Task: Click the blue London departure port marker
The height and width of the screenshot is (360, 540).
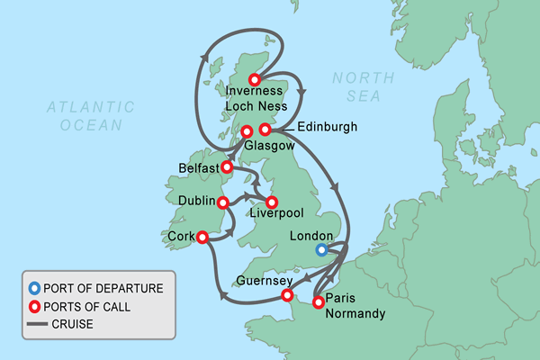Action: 321,250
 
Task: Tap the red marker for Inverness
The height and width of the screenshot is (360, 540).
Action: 256,79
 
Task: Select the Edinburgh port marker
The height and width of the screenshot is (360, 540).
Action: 265,130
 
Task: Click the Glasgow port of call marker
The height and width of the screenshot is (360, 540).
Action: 246,132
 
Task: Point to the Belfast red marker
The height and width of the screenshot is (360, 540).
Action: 228,166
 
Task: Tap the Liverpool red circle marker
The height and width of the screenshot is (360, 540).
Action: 272,202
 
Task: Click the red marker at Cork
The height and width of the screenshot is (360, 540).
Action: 202,238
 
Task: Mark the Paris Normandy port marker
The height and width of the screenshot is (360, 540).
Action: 318,302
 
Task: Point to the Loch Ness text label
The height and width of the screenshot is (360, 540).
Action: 256,106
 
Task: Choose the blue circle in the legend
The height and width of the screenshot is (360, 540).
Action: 35,289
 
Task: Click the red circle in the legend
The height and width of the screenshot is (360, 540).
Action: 35,307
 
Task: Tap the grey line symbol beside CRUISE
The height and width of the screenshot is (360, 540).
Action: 35,325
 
